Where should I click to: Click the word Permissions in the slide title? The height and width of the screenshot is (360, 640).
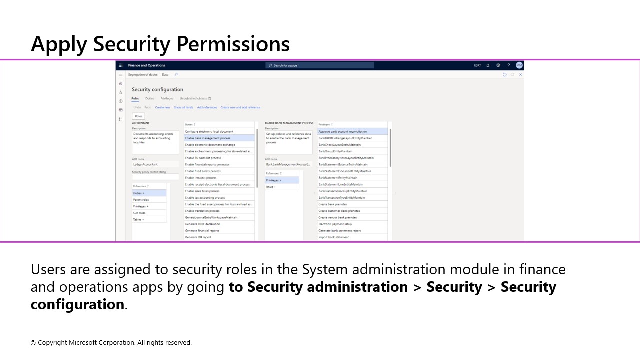(233, 44)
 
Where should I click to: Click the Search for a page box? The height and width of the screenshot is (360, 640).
(320, 65)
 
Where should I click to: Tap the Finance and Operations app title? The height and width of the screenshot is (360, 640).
(146, 65)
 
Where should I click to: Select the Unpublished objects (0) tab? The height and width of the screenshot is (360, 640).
(195, 99)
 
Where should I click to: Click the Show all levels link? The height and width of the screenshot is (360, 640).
(183, 107)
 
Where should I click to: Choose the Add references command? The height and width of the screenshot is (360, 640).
(207, 107)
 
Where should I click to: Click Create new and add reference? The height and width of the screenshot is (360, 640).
(240, 107)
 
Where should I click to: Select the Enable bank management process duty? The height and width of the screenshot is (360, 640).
(208, 138)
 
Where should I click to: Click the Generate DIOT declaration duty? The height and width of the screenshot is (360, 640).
(202, 224)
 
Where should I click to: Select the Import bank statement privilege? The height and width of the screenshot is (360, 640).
(334, 237)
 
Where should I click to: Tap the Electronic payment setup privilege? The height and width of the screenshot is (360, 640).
(335, 224)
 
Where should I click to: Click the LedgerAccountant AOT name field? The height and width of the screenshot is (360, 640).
(155, 164)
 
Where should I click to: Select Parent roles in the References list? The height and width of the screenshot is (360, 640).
(141, 200)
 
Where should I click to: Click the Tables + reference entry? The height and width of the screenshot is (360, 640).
(138, 220)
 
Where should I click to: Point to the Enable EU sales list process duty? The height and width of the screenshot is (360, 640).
(203, 158)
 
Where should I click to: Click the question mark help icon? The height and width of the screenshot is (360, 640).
(509, 65)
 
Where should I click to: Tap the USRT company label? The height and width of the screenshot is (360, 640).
(477, 65)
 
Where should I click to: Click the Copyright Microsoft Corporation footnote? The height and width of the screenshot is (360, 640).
(111, 343)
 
